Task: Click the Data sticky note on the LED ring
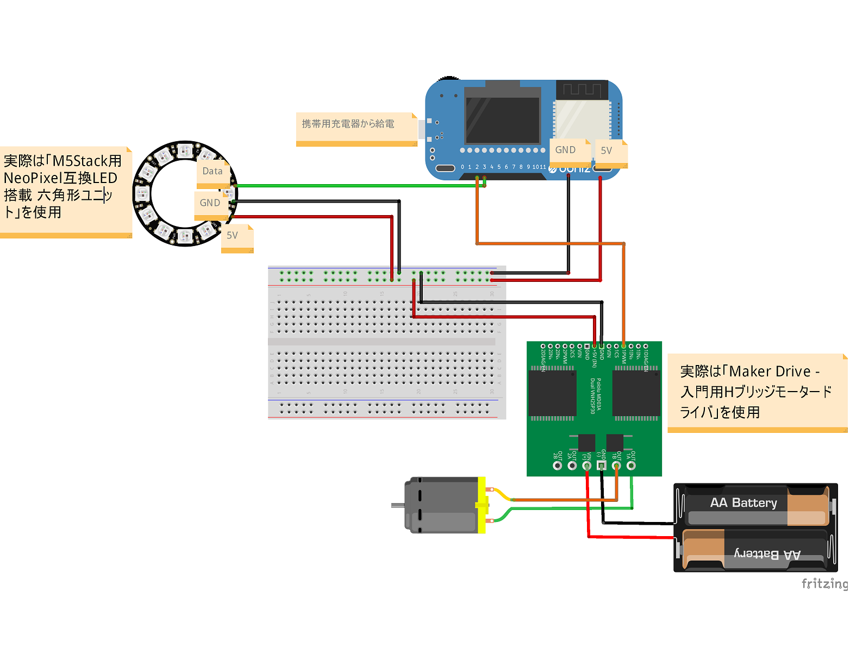212,172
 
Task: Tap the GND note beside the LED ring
210,204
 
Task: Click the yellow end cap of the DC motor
482,505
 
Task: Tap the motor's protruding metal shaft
397,506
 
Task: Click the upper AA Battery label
743,503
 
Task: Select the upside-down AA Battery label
767,554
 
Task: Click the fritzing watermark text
824,583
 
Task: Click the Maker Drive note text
755,391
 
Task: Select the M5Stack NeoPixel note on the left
63,186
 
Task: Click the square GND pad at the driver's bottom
601,465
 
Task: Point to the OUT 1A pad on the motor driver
631,465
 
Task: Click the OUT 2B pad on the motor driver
557,465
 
